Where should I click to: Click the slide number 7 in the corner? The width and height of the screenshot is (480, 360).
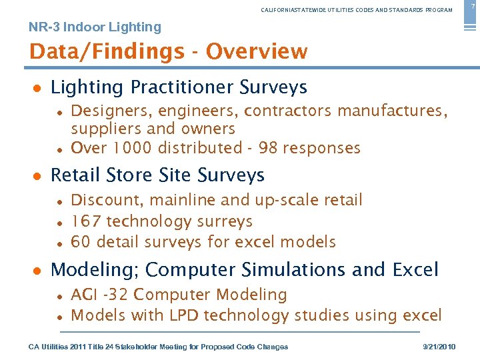pyautogui.click(x=474, y=5)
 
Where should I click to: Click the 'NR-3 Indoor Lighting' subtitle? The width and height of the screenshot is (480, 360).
pyautogui.click(x=95, y=27)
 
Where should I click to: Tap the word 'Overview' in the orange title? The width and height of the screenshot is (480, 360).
pyautogui.click(x=257, y=51)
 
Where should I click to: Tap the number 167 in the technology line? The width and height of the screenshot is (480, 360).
pyautogui.click(x=86, y=221)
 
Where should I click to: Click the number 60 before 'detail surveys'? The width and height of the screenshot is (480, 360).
pyautogui.click(x=81, y=241)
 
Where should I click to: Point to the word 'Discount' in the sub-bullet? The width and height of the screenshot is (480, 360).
pyautogui.click(x=103, y=200)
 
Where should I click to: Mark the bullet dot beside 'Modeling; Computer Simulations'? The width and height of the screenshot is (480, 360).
pyautogui.click(x=38, y=271)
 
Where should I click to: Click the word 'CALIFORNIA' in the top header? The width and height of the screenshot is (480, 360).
pyautogui.click(x=279, y=10)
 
